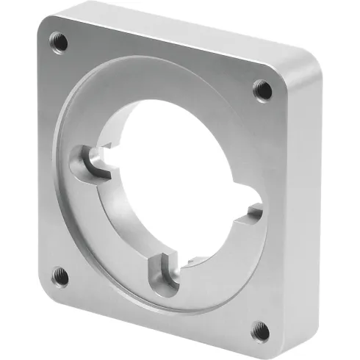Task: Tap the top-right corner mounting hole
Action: (x=263, y=90)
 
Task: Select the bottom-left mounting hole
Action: (x=61, y=277)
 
